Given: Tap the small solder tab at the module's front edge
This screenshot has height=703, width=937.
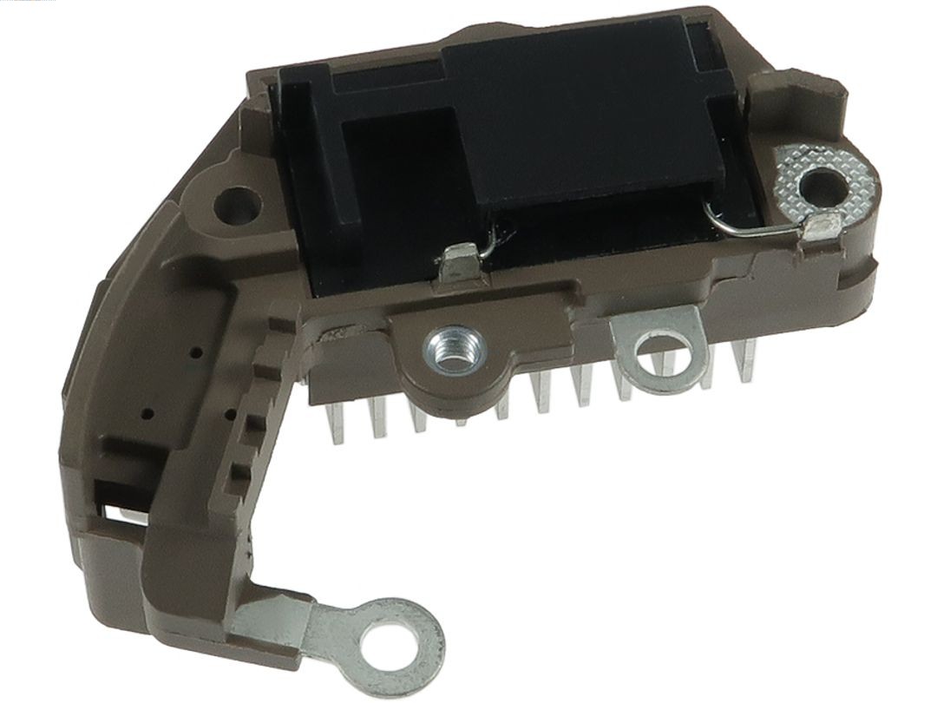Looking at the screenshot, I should [x=459, y=263].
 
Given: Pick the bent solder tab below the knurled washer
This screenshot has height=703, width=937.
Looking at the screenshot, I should [x=819, y=229].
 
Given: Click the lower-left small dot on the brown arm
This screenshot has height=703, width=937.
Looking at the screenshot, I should [x=150, y=412].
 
